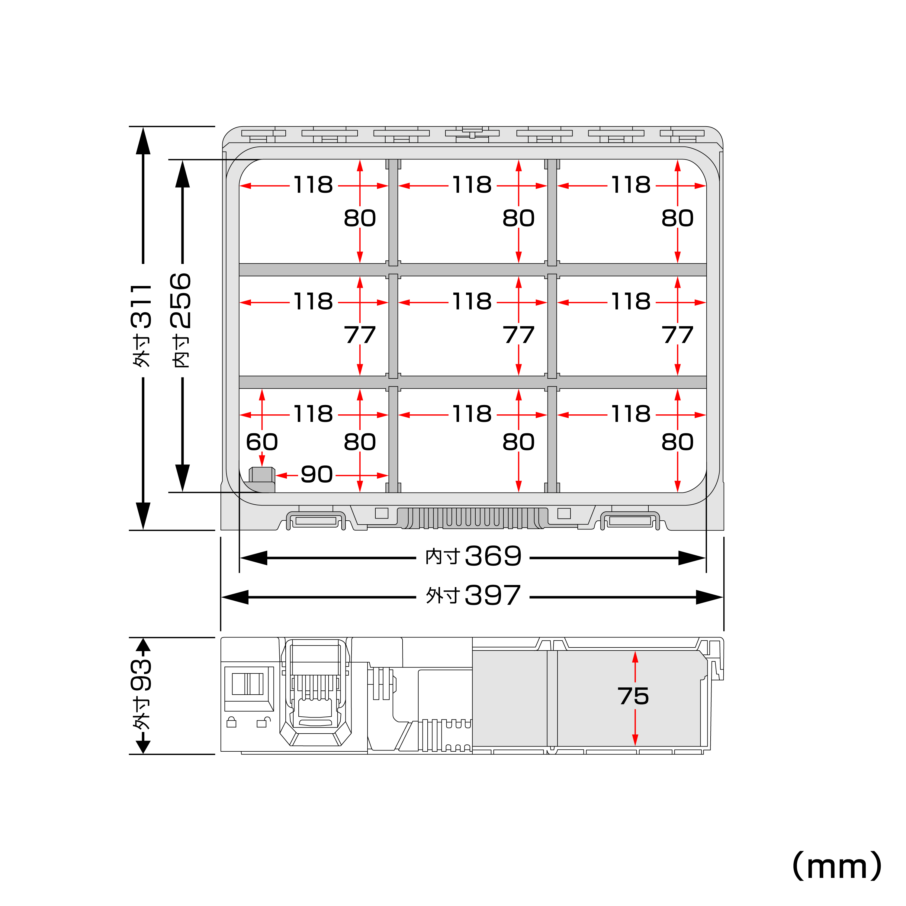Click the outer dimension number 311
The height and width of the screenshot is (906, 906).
tap(142, 306)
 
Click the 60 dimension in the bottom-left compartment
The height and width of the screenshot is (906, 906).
tap(262, 442)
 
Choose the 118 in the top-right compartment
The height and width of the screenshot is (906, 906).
tap(631, 185)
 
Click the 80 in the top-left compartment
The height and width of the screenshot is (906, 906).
tap(360, 218)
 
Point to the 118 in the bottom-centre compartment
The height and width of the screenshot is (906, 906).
tap(472, 414)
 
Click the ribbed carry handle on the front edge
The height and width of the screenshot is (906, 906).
tap(472, 518)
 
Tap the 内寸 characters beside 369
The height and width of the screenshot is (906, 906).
tap(442, 557)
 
